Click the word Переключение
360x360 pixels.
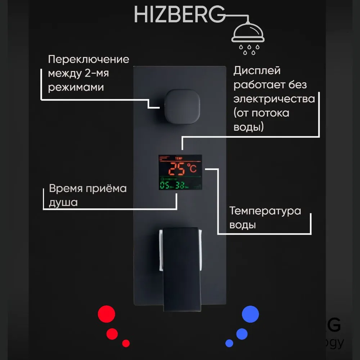click(89, 59)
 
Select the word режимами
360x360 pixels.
click(76, 87)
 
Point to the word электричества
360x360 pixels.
click(274, 99)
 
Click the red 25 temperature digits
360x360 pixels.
click(177, 168)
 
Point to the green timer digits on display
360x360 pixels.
click(172, 186)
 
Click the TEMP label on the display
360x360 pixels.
click(179, 158)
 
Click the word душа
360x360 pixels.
click(63, 202)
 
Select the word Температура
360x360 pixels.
click(265, 211)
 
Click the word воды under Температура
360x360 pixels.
click(243, 225)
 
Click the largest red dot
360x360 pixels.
click(107, 314)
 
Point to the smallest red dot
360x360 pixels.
click(126, 343)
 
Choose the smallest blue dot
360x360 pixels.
click(229, 343)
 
